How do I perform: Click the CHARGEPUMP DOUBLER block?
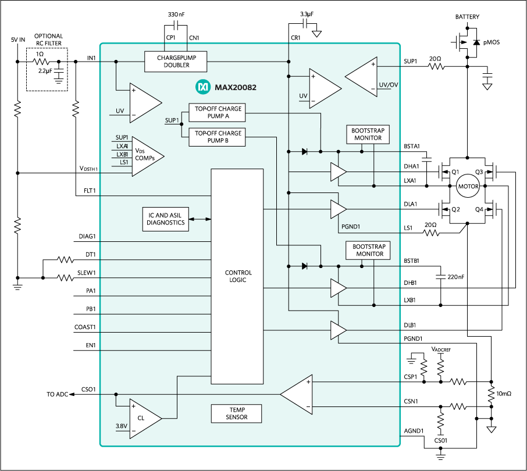[x=176, y=61]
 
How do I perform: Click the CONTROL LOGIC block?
[x=236, y=276]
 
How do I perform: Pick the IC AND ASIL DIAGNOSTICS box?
[x=165, y=219]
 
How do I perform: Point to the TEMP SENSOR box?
[x=236, y=414]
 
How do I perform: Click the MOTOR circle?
[x=468, y=186]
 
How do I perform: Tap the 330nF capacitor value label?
[x=176, y=13]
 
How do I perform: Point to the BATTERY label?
[x=468, y=17]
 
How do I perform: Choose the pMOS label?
[x=492, y=42]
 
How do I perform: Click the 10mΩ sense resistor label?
[x=504, y=394]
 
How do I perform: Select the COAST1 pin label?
[x=85, y=327]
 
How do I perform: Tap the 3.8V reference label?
[x=121, y=426]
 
